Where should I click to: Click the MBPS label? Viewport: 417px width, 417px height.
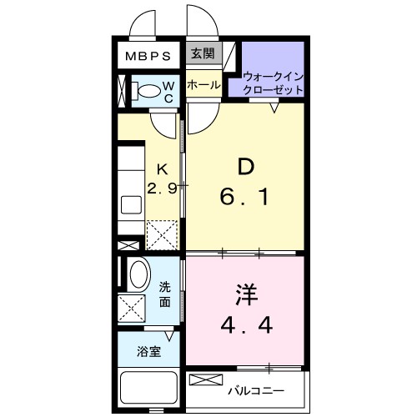148,57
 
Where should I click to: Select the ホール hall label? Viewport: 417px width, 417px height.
203,85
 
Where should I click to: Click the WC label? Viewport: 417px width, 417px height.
168,92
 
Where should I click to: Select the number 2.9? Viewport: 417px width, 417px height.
163,188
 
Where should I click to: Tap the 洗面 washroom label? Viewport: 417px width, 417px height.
166,295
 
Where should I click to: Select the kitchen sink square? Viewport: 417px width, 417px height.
132,205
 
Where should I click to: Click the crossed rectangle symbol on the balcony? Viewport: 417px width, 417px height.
203,380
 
